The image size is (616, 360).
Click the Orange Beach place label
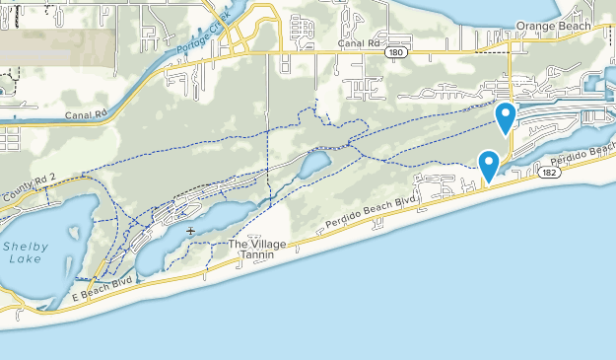pos(553,26)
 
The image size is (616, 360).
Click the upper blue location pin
pos(506,117)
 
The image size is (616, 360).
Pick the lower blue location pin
pos(488,165)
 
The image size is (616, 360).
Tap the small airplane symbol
pos(189,231)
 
